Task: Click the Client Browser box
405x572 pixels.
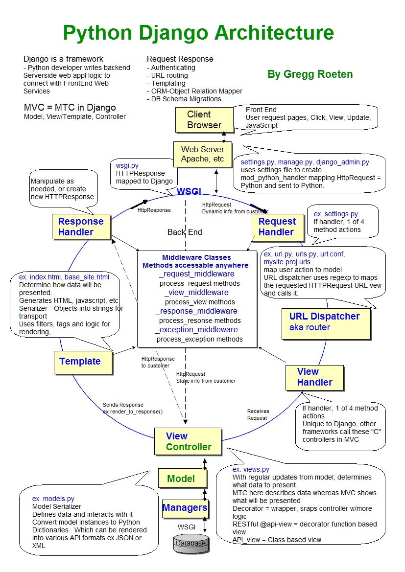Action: tap(203, 120)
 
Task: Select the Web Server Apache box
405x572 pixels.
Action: tap(202, 154)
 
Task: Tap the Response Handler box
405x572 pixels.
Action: tap(81, 227)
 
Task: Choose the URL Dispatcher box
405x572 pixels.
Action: tap(324, 322)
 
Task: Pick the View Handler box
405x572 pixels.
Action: tap(314, 377)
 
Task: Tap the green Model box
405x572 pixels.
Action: tap(181, 479)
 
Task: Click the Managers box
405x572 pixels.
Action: tap(185, 508)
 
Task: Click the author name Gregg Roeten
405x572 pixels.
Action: tap(310, 74)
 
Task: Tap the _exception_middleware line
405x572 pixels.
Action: tap(197, 330)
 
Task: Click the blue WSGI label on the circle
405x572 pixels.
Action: tap(189, 190)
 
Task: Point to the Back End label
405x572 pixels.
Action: tap(185, 232)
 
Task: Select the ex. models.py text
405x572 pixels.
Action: tap(53, 499)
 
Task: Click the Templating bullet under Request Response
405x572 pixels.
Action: tap(168, 83)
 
